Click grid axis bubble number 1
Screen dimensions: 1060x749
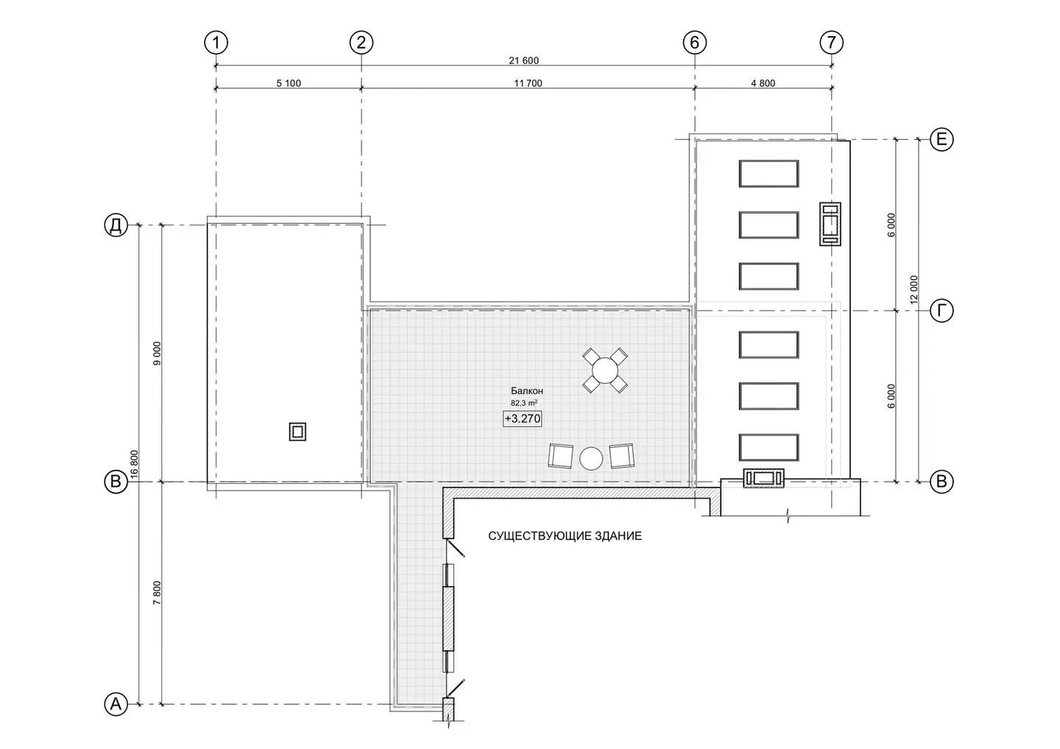coord(216,43)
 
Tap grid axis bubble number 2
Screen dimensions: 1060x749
coord(361,43)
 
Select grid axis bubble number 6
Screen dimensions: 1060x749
coord(695,43)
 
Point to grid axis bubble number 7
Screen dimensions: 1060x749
coord(832,43)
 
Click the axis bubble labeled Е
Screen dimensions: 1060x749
coord(941,139)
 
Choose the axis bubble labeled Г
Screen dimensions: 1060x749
coord(941,311)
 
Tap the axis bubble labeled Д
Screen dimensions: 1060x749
coord(116,225)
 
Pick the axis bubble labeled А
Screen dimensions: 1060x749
coord(116,704)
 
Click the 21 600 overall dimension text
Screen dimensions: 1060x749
coord(524,60)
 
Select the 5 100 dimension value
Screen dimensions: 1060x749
coord(289,83)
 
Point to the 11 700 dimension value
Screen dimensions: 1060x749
coord(528,83)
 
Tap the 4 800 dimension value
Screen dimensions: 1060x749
coord(763,83)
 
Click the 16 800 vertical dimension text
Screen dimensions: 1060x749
coord(134,464)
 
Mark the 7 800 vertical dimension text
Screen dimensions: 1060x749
coord(157,593)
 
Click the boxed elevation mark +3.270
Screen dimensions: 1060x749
coord(523,418)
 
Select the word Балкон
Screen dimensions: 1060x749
coord(527,390)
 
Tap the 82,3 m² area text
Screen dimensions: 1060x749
coord(524,403)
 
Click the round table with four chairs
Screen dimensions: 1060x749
coord(605,370)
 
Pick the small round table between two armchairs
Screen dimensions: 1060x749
coord(591,458)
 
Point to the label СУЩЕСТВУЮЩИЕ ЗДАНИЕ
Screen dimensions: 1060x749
coord(565,536)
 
